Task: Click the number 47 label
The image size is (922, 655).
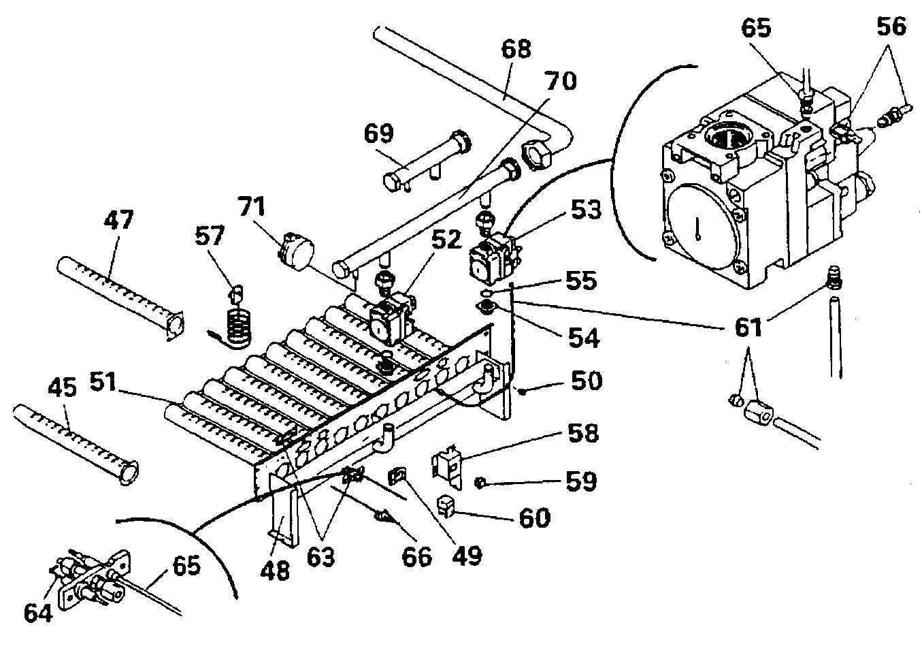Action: pos(119,221)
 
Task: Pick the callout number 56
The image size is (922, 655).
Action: pos(891,27)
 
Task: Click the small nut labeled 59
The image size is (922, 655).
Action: pos(479,482)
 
